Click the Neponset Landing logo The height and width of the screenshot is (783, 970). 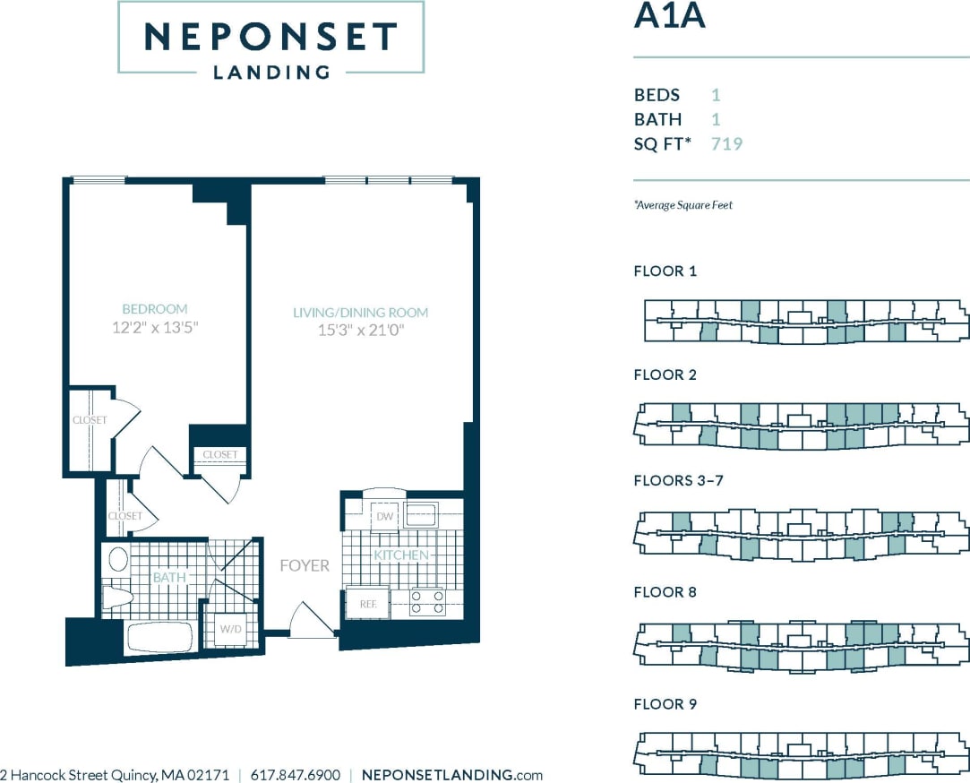(270, 38)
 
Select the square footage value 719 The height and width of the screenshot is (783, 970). (726, 143)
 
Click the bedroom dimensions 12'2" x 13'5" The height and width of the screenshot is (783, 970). (154, 328)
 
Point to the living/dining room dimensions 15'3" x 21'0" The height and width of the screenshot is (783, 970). (361, 331)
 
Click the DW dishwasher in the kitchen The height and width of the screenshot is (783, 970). (385, 517)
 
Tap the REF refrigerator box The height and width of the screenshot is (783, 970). (367, 604)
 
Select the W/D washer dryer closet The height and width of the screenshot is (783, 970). (230, 628)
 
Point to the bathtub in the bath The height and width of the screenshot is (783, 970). (159, 638)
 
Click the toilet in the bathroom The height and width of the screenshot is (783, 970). (116, 598)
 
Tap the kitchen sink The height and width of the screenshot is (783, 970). (420, 515)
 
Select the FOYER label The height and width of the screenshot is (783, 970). (305, 565)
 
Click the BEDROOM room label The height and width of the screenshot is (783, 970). (154, 309)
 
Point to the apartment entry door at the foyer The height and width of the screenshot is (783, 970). (311, 622)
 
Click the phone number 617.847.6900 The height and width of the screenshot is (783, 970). (296, 775)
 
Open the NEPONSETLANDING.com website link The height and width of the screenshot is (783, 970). (451, 775)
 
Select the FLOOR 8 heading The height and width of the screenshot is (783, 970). (665, 592)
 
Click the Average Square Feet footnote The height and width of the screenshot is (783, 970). (683, 205)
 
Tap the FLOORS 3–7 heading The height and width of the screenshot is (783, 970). (678, 480)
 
